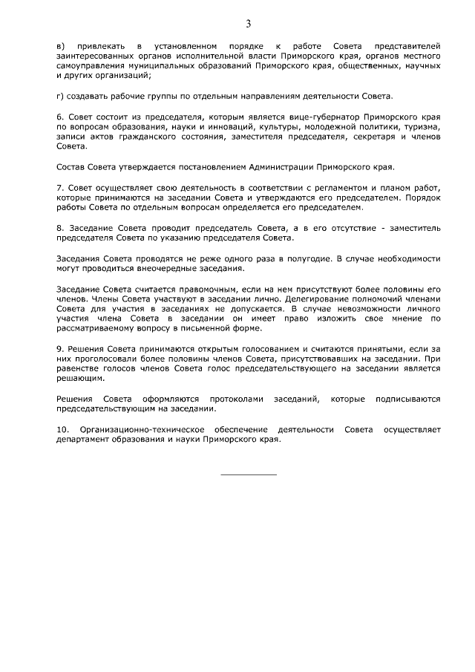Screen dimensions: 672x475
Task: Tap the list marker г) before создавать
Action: click(x=61, y=97)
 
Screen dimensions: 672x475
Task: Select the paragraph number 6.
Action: click(x=59, y=117)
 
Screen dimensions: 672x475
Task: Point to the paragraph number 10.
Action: click(x=62, y=430)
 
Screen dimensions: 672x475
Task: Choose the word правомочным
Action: click(x=203, y=288)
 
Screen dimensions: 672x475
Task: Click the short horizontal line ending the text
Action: click(x=249, y=474)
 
